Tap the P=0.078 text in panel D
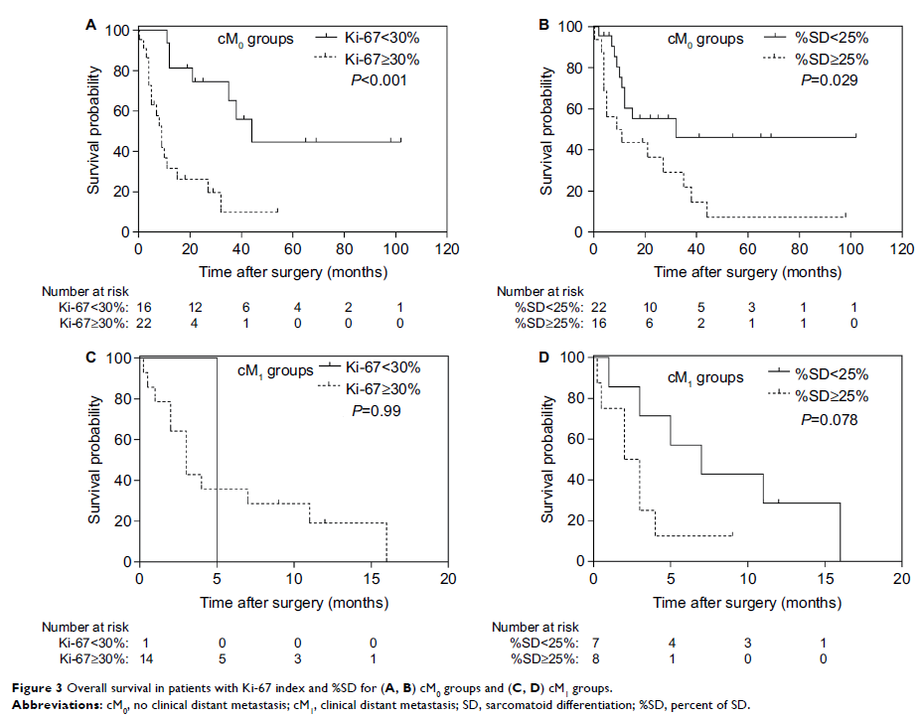click(829, 420)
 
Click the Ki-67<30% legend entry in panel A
click(372, 39)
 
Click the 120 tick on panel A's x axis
click(448, 249)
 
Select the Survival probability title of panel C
click(96, 460)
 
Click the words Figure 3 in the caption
click(31, 687)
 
